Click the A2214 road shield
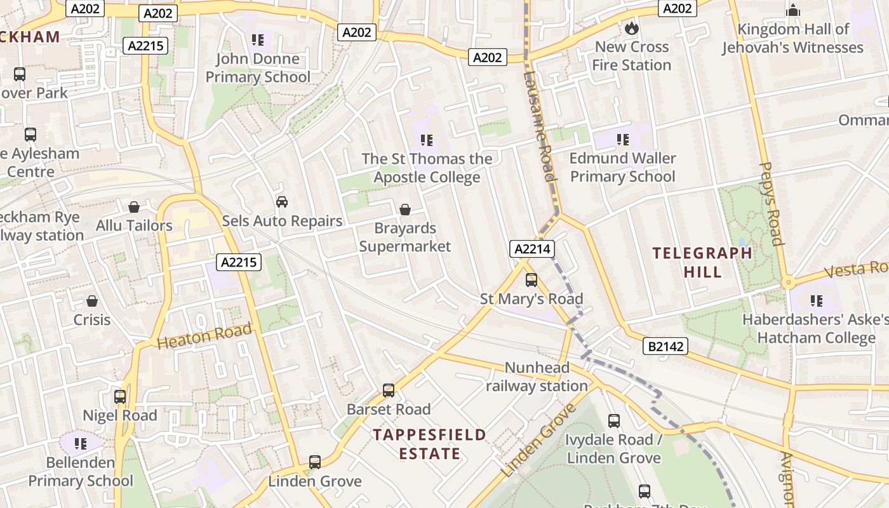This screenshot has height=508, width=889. pos(531,250)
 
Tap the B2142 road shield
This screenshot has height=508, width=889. pos(665,346)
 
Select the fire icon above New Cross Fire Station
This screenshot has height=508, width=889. pos(631,28)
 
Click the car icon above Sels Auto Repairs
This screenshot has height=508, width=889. pos(282,202)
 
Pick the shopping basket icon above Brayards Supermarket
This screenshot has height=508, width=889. pos(404,209)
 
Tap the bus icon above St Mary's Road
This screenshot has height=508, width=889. pos(531,279)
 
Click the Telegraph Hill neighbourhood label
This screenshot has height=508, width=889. pos(702,262)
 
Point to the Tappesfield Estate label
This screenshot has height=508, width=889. pos(429,444)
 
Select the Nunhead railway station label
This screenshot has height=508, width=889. pos(537,377)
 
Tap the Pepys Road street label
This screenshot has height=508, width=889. pos(770,203)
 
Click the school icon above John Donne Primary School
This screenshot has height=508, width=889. pos(257,40)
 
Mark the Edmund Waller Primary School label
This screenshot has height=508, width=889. pos(622,167)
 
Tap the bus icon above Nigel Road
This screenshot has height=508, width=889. pos(120,397)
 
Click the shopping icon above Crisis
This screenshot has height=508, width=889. pos(92,301)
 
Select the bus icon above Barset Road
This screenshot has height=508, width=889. pos(389,391)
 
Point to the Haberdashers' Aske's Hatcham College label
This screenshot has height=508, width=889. pos(815,328)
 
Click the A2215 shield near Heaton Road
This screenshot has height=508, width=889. pos(239,262)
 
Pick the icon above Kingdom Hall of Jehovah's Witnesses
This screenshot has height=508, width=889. pos(792,11)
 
